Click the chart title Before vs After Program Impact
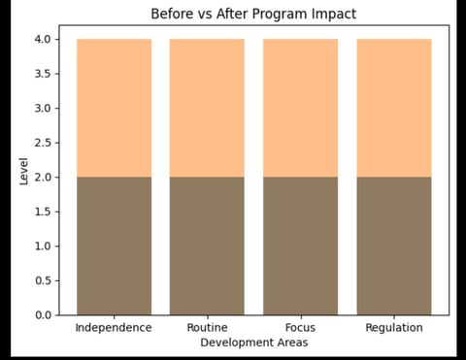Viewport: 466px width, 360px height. point(252,15)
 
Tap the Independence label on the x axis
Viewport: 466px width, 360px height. point(113,328)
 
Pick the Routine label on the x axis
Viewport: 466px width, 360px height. point(207,328)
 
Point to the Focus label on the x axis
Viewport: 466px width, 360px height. point(300,328)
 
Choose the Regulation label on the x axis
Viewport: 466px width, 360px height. point(393,328)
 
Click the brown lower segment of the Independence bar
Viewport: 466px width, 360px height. point(113,246)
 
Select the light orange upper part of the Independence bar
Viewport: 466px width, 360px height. point(113,108)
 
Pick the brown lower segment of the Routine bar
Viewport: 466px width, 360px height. point(207,246)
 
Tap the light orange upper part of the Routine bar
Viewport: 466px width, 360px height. point(207,108)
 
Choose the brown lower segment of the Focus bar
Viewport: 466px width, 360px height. point(300,246)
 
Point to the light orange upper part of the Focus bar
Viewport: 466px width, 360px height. point(300,108)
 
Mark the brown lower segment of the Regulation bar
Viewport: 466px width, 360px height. point(393,246)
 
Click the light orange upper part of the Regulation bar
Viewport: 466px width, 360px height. point(393,108)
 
